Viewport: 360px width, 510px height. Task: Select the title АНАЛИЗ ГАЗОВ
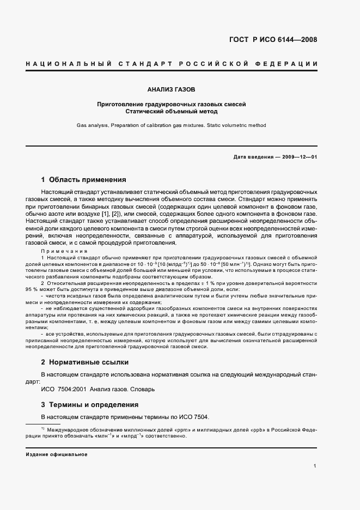coord(171,88)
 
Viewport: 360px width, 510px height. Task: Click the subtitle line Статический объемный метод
coord(171,111)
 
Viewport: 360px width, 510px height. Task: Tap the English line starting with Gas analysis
coord(171,125)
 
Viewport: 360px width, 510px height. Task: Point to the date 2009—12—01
coord(300,157)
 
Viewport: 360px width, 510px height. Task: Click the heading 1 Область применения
coord(84,179)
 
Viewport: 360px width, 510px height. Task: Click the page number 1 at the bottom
coord(315,466)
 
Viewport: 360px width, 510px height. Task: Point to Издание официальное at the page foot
coord(57,454)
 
